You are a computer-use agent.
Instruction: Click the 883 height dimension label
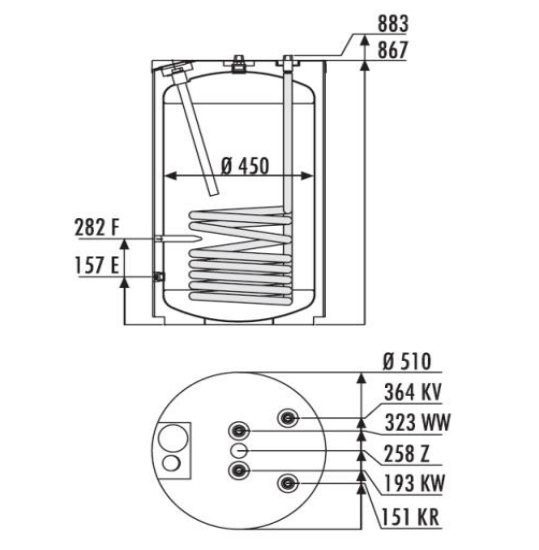(x=393, y=24)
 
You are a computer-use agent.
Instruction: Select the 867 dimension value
(x=393, y=50)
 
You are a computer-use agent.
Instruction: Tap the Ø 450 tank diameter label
(x=245, y=166)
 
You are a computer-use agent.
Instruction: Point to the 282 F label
(x=97, y=227)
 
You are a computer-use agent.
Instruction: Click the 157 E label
(x=97, y=265)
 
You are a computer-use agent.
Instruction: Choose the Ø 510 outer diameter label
(x=407, y=361)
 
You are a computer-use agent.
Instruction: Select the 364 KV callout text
(x=413, y=392)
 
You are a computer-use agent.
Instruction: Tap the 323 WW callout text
(x=417, y=422)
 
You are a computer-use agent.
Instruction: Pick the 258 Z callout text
(x=407, y=454)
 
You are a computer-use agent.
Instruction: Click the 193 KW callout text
(x=415, y=483)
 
